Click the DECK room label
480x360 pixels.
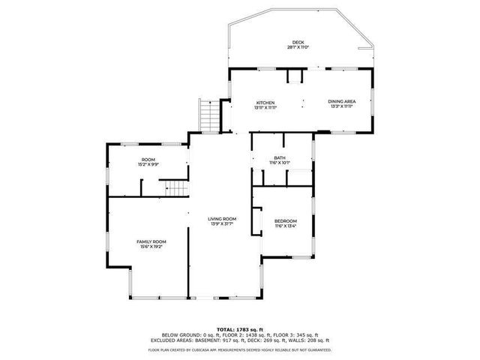click(298, 42)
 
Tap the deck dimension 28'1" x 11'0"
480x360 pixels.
click(298, 47)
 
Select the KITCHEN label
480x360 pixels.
click(265, 102)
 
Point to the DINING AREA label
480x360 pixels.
click(341, 102)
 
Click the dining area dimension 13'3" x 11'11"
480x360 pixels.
click(341, 107)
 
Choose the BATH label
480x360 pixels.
click(279, 157)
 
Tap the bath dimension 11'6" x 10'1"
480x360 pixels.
click(279, 163)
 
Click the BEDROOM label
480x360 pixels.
click(286, 220)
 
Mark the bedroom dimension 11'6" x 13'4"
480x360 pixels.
click(286, 226)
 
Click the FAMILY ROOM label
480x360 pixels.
click(150, 241)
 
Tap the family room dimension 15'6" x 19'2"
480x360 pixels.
click(150, 247)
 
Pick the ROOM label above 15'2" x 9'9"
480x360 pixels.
click(148, 159)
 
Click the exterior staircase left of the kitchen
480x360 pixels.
click(209, 116)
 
